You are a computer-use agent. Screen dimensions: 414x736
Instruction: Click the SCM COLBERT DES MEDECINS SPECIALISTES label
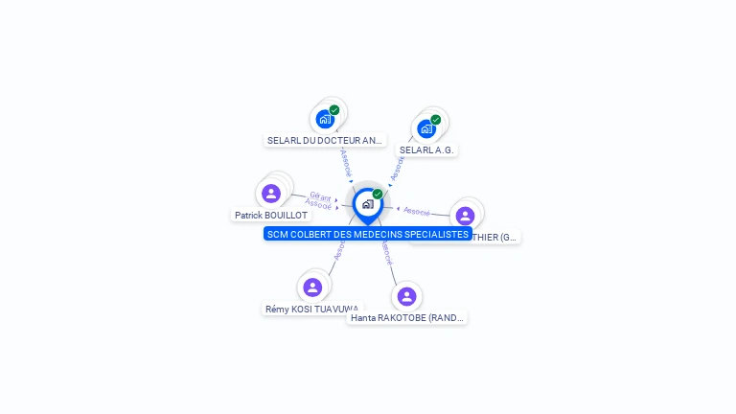[x=368, y=234]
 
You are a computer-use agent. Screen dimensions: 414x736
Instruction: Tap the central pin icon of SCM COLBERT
[x=367, y=203]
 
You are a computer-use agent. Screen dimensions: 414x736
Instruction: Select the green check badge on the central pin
[x=378, y=194]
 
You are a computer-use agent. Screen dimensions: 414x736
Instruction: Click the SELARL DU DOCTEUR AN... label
[x=325, y=140]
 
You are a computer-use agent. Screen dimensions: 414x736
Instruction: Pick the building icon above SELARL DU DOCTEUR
[x=324, y=120]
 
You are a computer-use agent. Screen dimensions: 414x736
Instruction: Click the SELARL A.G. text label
[x=426, y=149]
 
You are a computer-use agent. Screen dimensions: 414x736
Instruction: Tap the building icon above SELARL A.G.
[x=426, y=128]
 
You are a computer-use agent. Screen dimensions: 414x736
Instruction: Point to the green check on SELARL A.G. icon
[x=436, y=120]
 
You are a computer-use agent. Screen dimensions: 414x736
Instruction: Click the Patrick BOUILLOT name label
[x=271, y=216]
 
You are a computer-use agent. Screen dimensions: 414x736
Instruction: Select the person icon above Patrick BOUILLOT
[x=271, y=194]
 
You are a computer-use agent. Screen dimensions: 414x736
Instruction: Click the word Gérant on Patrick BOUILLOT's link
[x=320, y=195]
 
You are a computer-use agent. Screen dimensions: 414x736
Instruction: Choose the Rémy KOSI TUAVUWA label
[x=312, y=309]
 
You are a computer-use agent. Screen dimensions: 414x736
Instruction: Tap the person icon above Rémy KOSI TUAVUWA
[x=312, y=287]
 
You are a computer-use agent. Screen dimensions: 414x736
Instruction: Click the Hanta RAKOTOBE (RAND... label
[x=406, y=317]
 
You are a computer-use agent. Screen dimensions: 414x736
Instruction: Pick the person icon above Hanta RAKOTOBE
[x=406, y=296]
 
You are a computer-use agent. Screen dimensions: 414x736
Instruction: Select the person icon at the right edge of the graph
[x=466, y=216]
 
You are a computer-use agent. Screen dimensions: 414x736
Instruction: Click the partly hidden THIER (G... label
[x=494, y=237]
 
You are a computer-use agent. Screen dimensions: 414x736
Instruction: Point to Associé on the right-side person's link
[x=417, y=210]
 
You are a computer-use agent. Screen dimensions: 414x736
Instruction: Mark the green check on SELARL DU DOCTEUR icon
[x=334, y=110]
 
